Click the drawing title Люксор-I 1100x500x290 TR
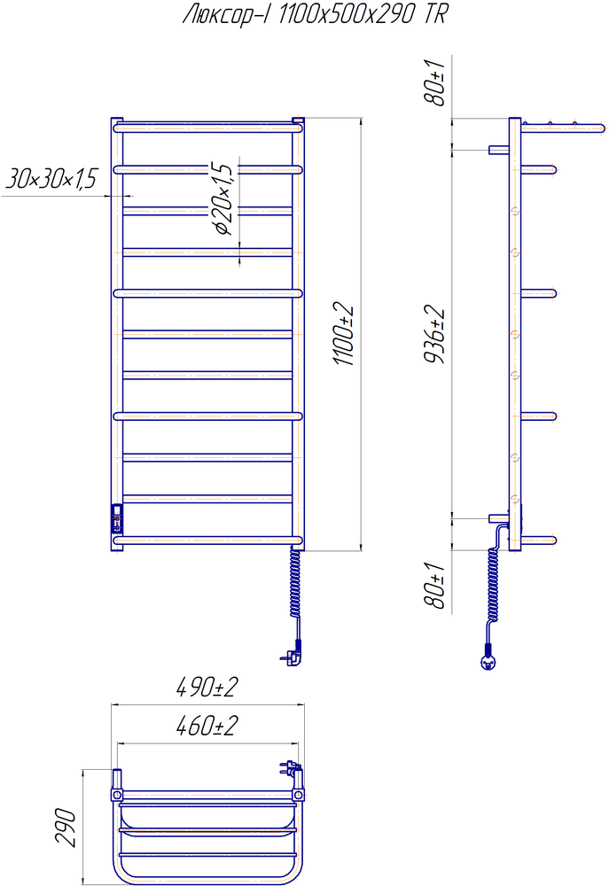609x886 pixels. point(315,14)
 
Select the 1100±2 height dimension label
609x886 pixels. point(344,335)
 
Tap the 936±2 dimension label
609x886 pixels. point(435,336)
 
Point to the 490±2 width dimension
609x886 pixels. point(207,688)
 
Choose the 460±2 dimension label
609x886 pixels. point(207,727)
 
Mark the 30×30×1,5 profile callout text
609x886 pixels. point(51,178)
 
